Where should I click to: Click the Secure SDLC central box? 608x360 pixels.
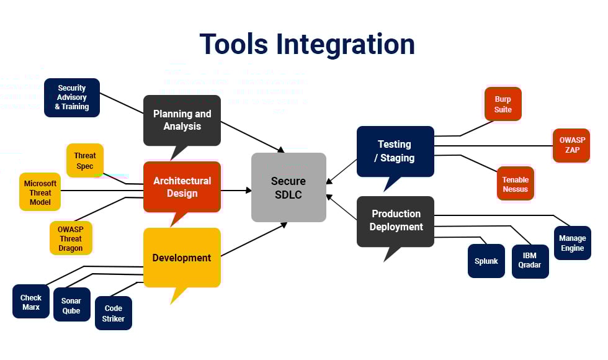pyautogui.click(x=288, y=187)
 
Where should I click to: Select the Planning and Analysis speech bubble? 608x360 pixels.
pyautogui.click(x=182, y=120)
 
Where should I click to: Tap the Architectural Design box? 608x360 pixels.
pyautogui.click(x=182, y=187)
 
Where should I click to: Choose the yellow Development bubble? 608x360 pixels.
pyautogui.click(x=182, y=258)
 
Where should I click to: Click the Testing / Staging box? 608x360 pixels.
pyautogui.click(x=395, y=151)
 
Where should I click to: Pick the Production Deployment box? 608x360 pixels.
pyautogui.click(x=396, y=220)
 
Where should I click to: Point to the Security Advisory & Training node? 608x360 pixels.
pyautogui.click(x=71, y=97)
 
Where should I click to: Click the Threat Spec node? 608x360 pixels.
pyautogui.click(x=85, y=161)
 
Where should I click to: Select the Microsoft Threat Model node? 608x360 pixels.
pyautogui.click(x=40, y=192)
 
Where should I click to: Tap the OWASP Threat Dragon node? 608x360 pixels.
pyautogui.click(x=70, y=238)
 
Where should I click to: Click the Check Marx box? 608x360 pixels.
pyautogui.click(x=31, y=302)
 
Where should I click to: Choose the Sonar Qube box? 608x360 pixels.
pyautogui.click(x=71, y=305)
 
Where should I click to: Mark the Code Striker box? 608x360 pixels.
pyautogui.click(x=114, y=313)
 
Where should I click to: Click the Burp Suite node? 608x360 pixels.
pyautogui.click(x=503, y=104)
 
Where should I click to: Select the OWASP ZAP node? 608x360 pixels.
pyautogui.click(x=571, y=145)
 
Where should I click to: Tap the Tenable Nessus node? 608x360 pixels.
pyautogui.click(x=516, y=184)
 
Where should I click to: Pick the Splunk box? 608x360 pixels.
pyautogui.click(x=486, y=261)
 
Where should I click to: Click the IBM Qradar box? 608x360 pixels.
pyautogui.click(x=530, y=261)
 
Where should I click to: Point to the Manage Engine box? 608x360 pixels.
pyautogui.click(x=572, y=243)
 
